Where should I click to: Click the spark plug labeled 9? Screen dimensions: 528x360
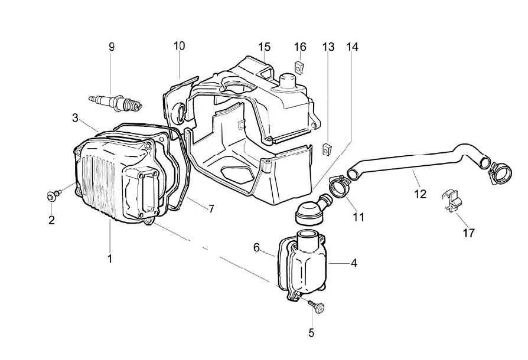click(x=116, y=103)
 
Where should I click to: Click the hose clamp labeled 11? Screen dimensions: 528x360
click(x=340, y=186)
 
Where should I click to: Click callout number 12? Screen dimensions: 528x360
click(x=421, y=194)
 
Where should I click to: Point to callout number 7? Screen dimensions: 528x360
click(x=211, y=209)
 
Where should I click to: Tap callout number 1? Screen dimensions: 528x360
click(x=109, y=258)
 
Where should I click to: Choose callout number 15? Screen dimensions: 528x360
click(x=265, y=47)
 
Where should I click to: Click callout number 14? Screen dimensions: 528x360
click(x=353, y=47)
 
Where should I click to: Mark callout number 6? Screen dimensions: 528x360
click(x=256, y=248)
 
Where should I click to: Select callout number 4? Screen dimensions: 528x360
click(x=354, y=263)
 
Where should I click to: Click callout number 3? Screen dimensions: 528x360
click(x=75, y=118)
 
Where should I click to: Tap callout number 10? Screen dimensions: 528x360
click(x=180, y=46)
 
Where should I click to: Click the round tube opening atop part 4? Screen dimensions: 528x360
click(x=307, y=233)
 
